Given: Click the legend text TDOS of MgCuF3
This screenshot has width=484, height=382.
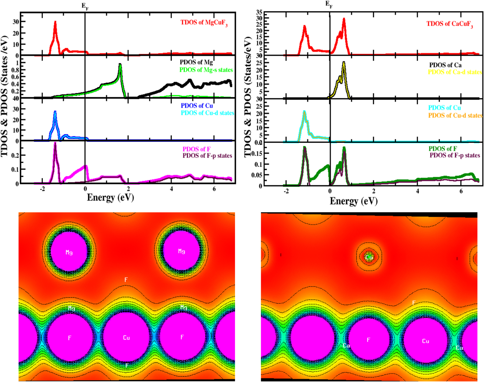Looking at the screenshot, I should pos(204,23).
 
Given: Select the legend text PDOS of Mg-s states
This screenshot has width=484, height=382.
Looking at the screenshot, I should pos(206,70).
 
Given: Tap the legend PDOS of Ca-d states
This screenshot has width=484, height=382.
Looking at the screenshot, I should pos(455,72).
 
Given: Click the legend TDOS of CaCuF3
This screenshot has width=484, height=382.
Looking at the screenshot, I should pos(449,24).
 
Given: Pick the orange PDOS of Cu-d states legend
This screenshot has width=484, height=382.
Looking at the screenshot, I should pos(455,115).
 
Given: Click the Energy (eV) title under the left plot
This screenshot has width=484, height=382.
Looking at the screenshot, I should pos(110,197).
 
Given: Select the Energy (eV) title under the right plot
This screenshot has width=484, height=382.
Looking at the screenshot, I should pos(353,201).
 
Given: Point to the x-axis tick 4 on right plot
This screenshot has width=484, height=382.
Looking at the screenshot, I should pos(417,191).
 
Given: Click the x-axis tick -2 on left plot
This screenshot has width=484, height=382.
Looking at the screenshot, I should pos(42,189).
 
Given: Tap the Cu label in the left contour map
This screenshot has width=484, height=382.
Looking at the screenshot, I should pos(126,338).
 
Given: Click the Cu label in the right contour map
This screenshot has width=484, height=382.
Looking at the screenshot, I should pos(425,341).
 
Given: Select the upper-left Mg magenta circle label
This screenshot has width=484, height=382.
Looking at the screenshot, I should pos(69,252).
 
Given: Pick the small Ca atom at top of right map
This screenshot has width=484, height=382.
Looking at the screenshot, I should pos(369,257).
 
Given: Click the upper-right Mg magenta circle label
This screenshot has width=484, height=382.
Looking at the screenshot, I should pos(181,251).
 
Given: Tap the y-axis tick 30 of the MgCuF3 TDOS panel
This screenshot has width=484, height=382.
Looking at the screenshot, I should pos(16,22).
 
